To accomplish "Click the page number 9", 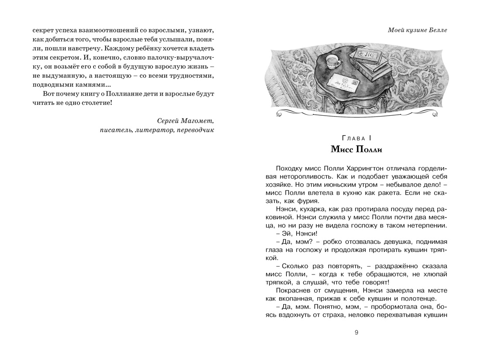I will coord(357,333).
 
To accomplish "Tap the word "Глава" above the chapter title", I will coord(353,138).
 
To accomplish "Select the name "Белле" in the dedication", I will coord(438,30).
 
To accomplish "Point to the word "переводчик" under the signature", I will coord(194,130).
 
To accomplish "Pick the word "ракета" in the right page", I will coord(396,192).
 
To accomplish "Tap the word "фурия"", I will coord(308,201).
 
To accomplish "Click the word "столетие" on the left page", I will coord(89,103).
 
